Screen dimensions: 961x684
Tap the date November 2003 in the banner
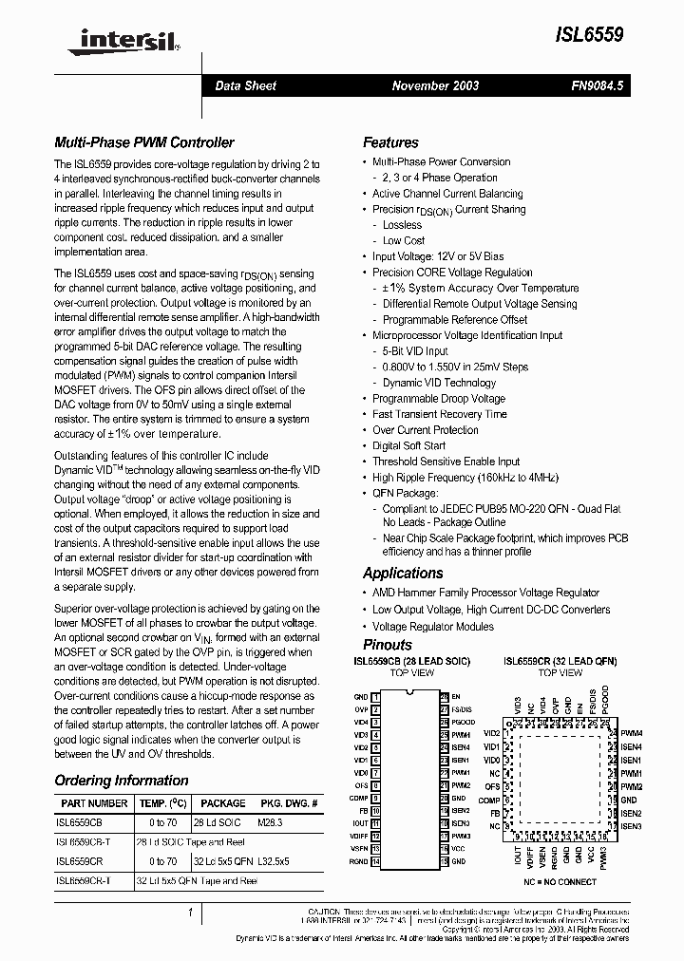pyautogui.click(x=435, y=85)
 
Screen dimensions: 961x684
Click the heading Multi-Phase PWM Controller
pyautogui.click(x=144, y=142)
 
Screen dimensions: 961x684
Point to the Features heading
pyautogui.click(x=390, y=142)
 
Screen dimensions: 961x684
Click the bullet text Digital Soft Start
pyautogui.click(x=408, y=445)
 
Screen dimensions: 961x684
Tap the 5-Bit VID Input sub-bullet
pyautogui.click(x=415, y=351)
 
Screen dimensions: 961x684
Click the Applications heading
pyautogui.click(x=403, y=573)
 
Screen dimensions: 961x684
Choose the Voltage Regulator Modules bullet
pyautogui.click(x=432, y=627)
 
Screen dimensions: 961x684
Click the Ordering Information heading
pyautogui.click(x=122, y=781)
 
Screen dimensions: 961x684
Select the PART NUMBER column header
pyautogui.click(x=87, y=803)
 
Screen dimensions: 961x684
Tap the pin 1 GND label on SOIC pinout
pyautogui.click(x=361, y=697)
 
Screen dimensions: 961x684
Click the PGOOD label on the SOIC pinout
pyautogui.click(x=463, y=723)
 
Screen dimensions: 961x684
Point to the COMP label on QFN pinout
pyautogui.click(x=489, y=801)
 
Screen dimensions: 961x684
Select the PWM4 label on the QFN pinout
pyautogui.click(x=632, y=734)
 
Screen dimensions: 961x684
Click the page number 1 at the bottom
pyautogui.click(x=191, y=913)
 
